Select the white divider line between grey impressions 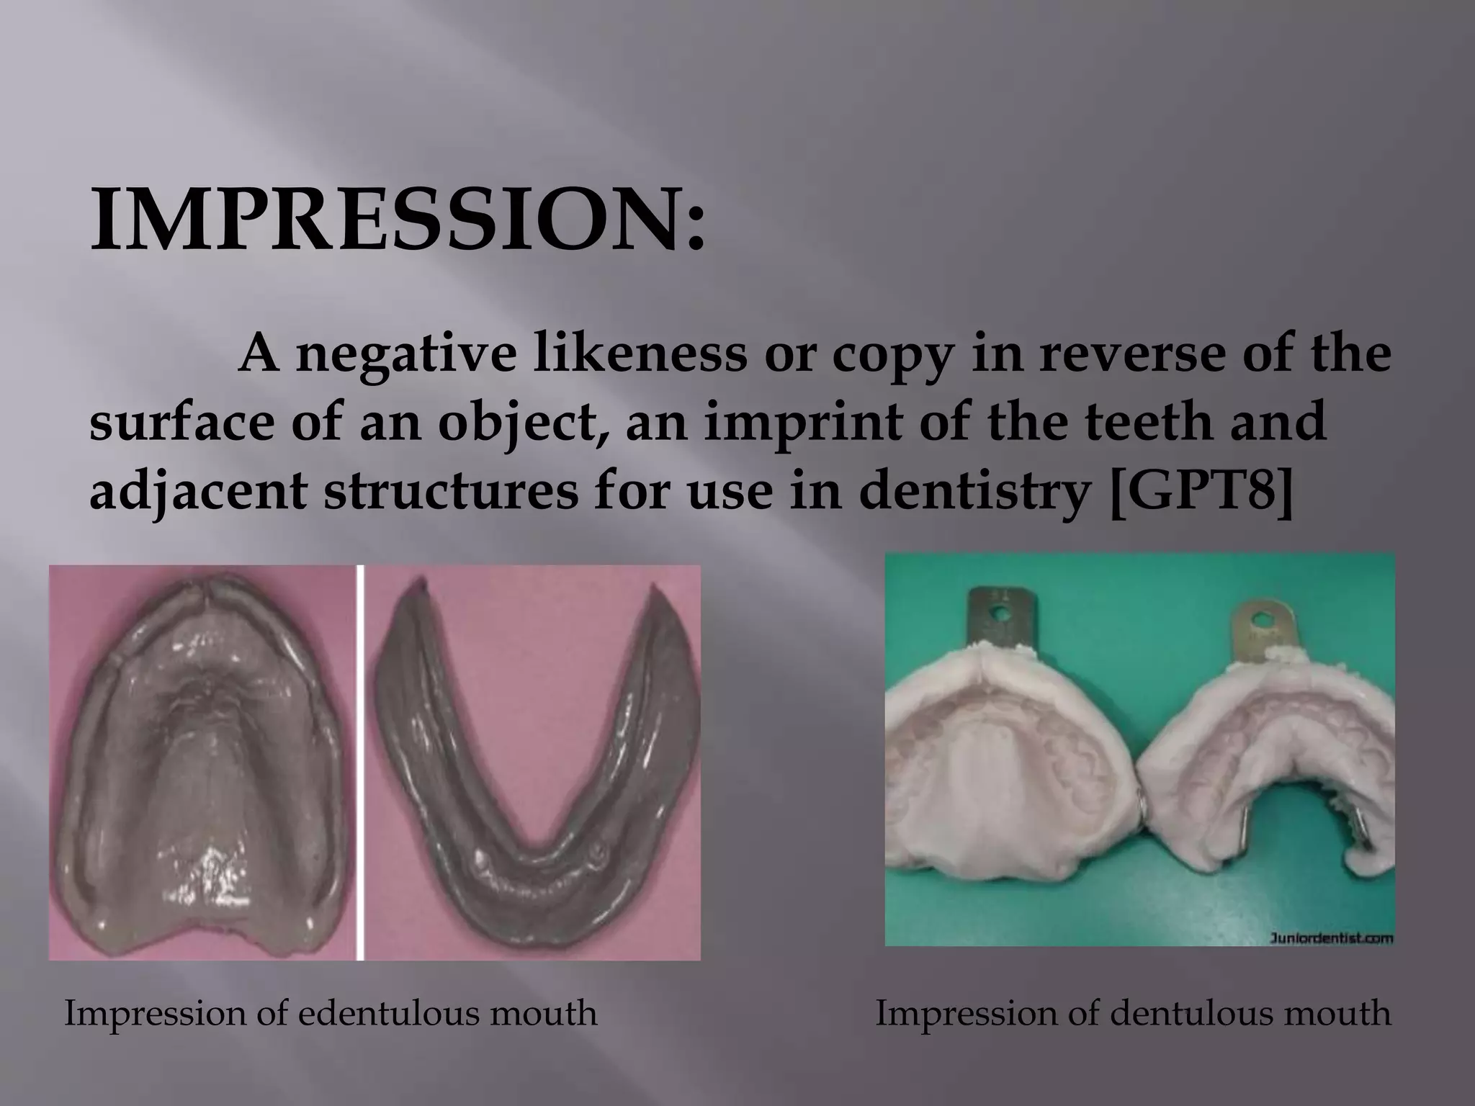point(360,763)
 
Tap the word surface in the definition point(180,421)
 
